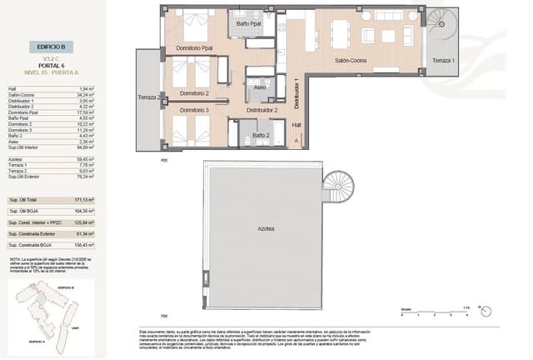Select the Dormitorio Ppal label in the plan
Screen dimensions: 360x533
[x=196, y=47]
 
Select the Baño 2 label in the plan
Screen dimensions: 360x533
[x=260, y=134]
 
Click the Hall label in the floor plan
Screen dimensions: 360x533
[x=296, y=124]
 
